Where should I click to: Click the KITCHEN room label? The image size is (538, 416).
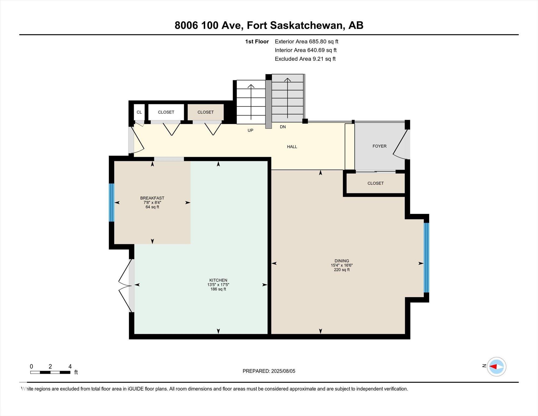tap(218, 280)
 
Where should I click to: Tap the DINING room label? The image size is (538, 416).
tap(342, 261)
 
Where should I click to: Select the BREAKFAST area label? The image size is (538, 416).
tap(152, 198)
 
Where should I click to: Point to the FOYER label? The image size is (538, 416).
tap(379, 146)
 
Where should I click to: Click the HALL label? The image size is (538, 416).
tap(292, 146)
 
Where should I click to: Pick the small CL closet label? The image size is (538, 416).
tap(139, 112)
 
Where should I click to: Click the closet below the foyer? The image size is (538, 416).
tap(376, 183)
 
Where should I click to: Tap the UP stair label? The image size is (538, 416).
tap(250, 130)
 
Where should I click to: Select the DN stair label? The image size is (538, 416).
tap(283, 127)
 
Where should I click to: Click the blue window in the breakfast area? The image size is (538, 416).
tap(111, 202)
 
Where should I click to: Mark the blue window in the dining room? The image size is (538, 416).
tap(426, 257)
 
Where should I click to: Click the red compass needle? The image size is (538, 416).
tap(493, 366)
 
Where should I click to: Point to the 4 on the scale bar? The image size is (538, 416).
tap(70, 366)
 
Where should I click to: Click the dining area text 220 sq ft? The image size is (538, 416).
tap(342, 270)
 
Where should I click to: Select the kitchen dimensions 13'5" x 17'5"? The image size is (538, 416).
tap(218, 285)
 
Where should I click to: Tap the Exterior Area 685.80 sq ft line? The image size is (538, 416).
tap(306, 41)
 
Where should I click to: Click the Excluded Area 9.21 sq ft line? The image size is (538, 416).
tap(305, 59)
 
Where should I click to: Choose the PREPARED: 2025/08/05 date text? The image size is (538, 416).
tap(269, 371)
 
